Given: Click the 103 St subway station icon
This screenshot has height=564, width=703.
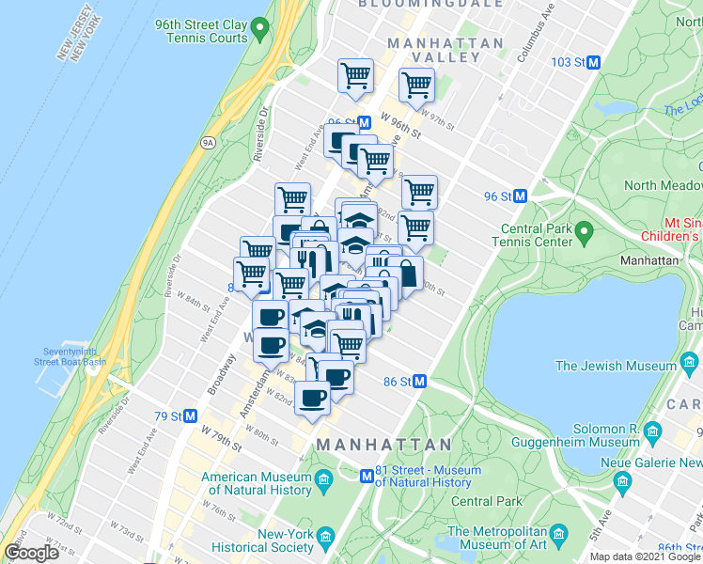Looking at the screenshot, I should [594, 63].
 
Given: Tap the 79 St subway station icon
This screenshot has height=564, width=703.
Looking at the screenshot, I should [190, 415].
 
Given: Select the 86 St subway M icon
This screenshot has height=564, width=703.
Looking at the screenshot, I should [420, 382].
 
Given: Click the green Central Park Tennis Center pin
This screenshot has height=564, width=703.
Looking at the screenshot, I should [584, 230].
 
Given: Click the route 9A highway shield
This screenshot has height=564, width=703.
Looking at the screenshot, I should [208, 143].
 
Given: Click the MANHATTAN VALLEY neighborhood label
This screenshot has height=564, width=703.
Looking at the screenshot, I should [433, 50].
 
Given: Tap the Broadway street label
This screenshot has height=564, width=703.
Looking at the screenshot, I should [215, 372].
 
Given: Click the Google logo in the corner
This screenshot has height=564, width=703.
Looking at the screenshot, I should [32, 553].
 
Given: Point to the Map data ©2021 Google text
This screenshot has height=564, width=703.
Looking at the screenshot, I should [645, 556].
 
